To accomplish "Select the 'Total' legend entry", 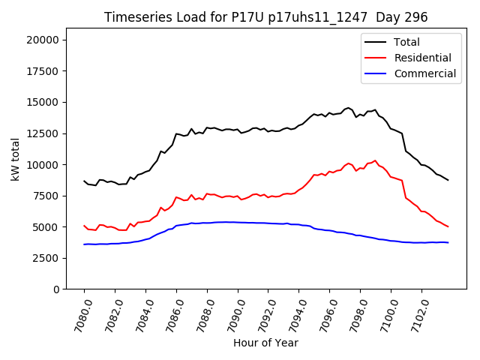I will [406, 42].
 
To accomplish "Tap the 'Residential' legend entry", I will [422, 58].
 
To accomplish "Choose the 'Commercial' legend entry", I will [424, 73].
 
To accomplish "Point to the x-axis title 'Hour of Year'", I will [265, 343].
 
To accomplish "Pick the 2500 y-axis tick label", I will [50, 257].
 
